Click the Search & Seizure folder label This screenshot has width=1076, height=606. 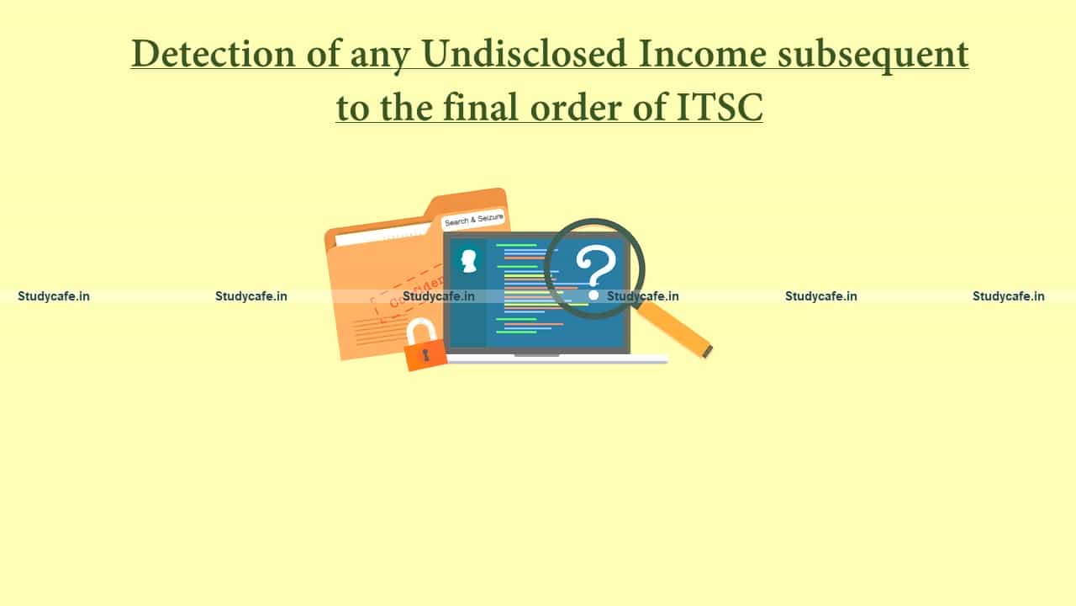[473, 221]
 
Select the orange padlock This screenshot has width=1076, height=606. [425, 353]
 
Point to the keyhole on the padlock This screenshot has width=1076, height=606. [425, 354]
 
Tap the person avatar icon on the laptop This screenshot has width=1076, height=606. [468, 259]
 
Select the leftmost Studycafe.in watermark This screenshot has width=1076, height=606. [53, 295]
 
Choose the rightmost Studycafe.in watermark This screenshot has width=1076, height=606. [1008, 295]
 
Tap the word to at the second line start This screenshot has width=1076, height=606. [351, 109]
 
